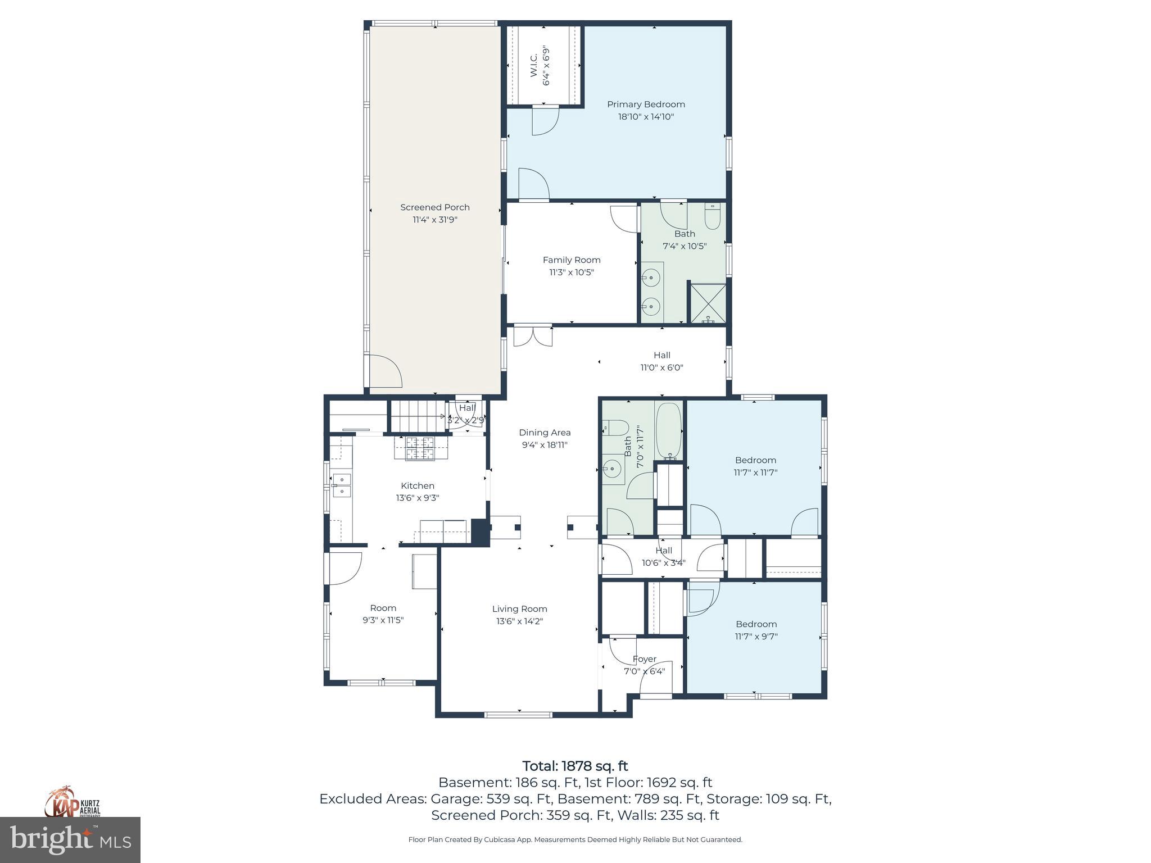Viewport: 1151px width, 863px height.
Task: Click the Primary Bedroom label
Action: click(x=646, y=105)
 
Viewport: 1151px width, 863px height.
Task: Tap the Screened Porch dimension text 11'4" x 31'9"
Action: click(x=434, y=220)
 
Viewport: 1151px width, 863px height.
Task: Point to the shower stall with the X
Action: click(x=708, y=303)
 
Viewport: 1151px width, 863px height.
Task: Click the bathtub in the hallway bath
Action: click(x=668, y=430)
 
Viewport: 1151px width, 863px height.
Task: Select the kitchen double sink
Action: click(x=341, y=485)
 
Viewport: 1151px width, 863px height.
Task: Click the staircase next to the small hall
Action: click(x=415, y=416)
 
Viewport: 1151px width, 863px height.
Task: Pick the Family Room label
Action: click(x=572, y=260)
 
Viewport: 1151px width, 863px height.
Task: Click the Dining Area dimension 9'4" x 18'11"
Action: click(x=544, y=445)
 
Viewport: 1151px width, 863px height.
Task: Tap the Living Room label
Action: click(x=519, y=609)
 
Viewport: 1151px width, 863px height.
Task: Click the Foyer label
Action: click(x=644, y=659)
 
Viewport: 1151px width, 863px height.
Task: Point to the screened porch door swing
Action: click(x=383, y=371)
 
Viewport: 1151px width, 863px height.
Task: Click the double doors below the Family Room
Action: click(x=533, y=336)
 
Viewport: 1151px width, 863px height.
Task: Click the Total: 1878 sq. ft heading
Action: click(x=575, y=766)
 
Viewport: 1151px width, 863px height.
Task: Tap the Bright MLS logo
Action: click(x=70, y=840)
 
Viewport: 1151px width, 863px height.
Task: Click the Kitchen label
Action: click(x=417, y=486)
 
